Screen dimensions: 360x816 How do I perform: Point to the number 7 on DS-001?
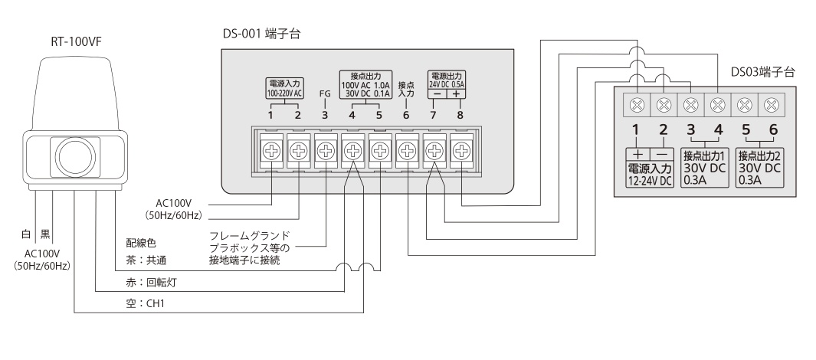(433, 116)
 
